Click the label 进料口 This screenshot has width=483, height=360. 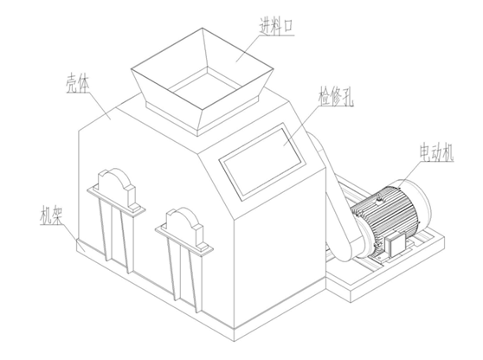point(276,26)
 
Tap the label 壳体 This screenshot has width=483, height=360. point(77,83)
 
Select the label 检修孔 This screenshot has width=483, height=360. point(336,96)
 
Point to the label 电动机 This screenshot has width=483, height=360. point(436,152)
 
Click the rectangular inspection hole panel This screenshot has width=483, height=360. point(262,161)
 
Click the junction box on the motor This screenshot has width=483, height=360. point(396,244)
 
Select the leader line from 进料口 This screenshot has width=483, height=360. point(248,48)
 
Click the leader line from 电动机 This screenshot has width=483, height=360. point(409,174)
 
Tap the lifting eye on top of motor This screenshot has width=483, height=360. point(378,196)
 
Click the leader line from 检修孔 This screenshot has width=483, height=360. point(300,126)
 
